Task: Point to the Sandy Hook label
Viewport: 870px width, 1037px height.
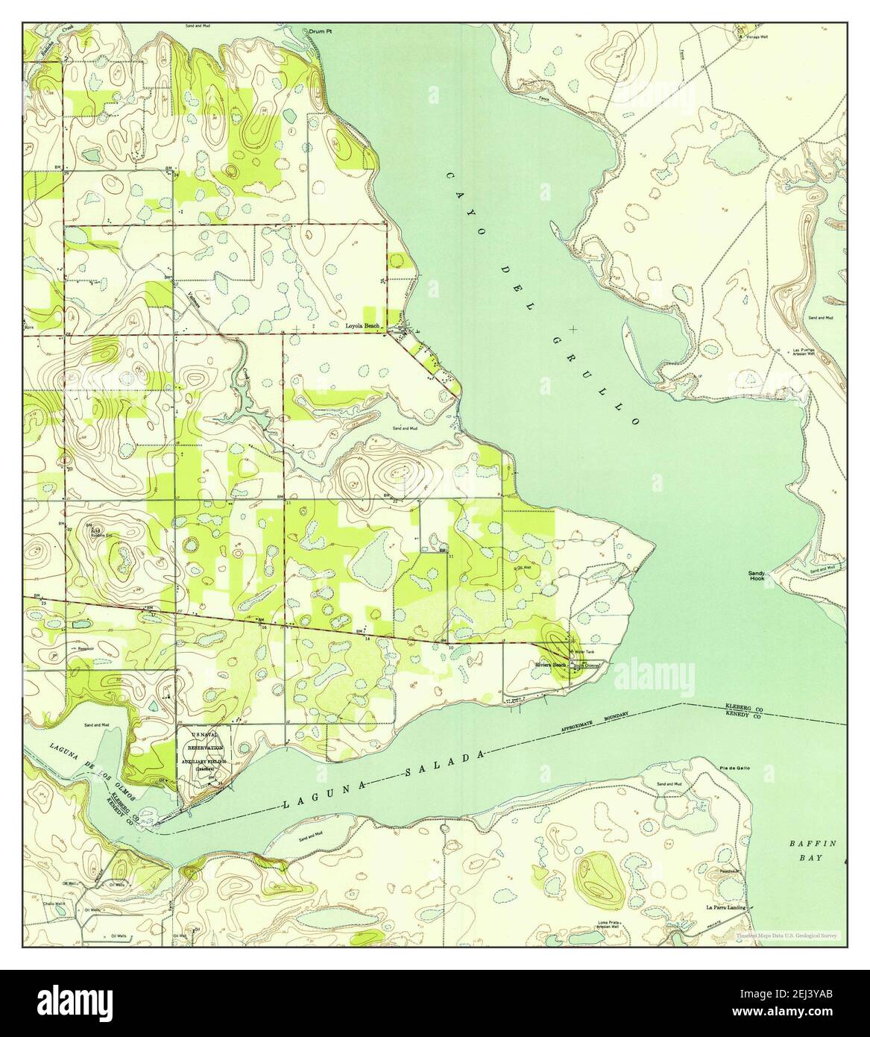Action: pyautogui.click(x=757, y=575)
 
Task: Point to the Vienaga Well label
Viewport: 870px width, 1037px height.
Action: pyautogui.click(x=751, y=34)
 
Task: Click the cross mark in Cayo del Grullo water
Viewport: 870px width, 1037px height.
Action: pyautogui.click(x=572, y=328)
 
